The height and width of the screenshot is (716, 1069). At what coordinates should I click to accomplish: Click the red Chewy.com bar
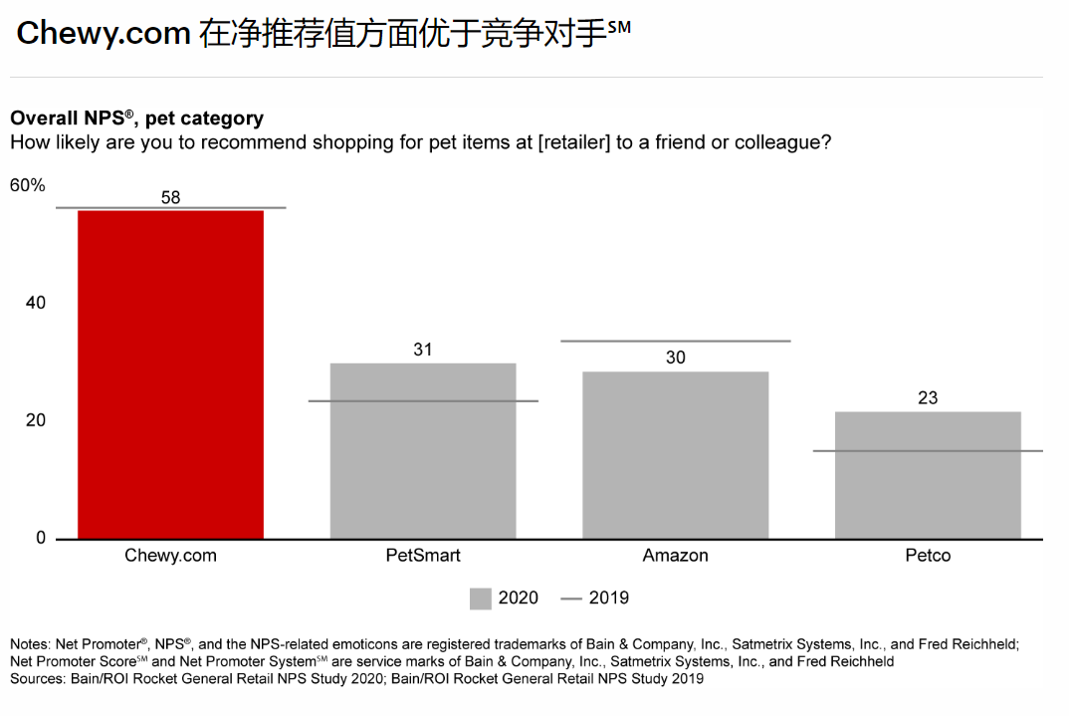pos(171,374)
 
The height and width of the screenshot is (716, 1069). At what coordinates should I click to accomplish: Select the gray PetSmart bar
pos(423,450)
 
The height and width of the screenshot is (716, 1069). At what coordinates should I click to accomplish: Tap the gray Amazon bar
pos(675,455)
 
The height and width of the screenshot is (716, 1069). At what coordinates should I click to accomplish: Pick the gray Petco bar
pos(928,475)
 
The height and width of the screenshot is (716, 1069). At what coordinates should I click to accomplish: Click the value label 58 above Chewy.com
pos(171,197)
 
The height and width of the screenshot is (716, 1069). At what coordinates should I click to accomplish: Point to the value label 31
pos(423,350)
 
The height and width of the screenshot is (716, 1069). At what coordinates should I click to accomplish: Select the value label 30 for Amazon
pos(675,358)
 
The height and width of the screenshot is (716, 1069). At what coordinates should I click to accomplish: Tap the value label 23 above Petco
pos(928,397)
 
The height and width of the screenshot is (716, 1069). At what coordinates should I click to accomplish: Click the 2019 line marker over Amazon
pos(675,341)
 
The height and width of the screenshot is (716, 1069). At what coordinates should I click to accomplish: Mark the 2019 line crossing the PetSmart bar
pos(423,400)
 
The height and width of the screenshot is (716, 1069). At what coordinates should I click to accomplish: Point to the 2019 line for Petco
pos(928,451)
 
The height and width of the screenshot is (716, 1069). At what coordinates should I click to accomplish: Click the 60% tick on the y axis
pos(28,185)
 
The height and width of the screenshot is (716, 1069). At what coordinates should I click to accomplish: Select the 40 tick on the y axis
pos(36,303)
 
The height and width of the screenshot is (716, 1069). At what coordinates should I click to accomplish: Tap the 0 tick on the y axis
pos(41,538)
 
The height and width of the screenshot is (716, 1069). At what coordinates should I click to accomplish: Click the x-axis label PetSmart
pos(423,556)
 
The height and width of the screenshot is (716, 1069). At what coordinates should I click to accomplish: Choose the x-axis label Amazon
pos(675,556)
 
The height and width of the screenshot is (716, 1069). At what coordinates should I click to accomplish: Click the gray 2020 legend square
pos(481,597)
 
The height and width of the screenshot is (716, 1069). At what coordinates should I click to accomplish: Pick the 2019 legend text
pos(609,597)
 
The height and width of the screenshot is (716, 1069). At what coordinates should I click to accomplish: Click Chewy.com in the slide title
pos(104,34)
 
